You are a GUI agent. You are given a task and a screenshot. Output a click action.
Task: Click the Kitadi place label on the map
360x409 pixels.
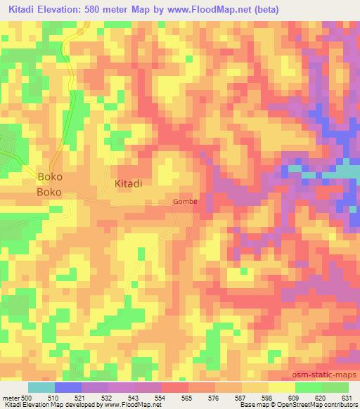[129, 183]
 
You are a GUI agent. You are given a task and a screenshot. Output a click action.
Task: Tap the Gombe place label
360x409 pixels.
[186, 202]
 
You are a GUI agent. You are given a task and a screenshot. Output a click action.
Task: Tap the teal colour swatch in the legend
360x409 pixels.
[41, 387]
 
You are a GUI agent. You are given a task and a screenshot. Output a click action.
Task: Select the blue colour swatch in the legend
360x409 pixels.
[68, 387]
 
